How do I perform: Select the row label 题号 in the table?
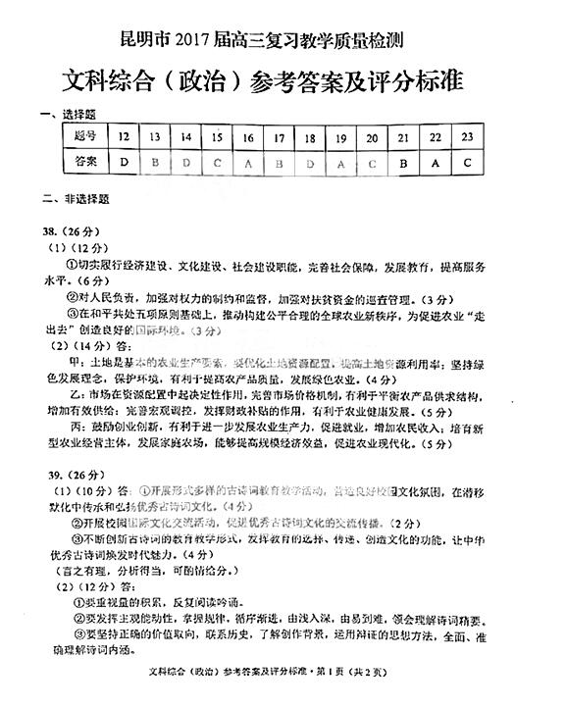(86, 136)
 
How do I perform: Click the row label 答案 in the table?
(86, 161)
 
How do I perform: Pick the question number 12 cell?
(125, 136)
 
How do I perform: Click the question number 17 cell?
(280, 136)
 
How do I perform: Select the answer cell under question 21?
(403, 162)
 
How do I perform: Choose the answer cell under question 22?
(435, 162)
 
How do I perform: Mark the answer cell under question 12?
(125, 162)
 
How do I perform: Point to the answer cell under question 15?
(217, 162)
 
